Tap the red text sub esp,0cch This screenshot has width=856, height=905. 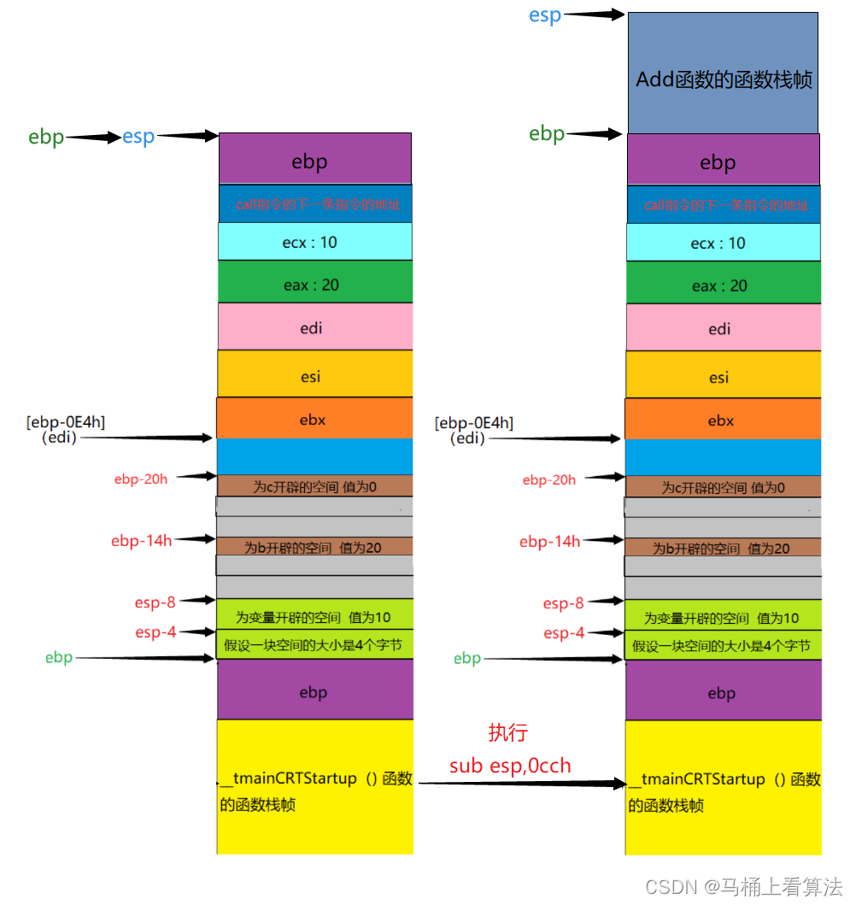coord(510,765)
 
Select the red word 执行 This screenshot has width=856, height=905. coord(508,732)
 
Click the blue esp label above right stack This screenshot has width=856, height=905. coord(545,15)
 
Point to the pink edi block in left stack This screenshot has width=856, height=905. coord(314,327)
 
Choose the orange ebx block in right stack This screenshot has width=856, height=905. coord(722,420)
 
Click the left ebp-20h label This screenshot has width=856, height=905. coord(141,479)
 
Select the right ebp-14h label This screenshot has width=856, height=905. coord(550,541)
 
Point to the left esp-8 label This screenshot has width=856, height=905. coord(155,602)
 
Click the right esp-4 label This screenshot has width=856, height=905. coord(564,633)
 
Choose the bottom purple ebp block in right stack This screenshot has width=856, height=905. coord(722,693)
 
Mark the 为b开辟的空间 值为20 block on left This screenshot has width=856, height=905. coord(314,548)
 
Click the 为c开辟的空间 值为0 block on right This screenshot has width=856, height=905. coord(723,488)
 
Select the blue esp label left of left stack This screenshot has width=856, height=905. coord(138,138)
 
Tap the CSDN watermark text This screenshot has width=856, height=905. coord(743,886)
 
